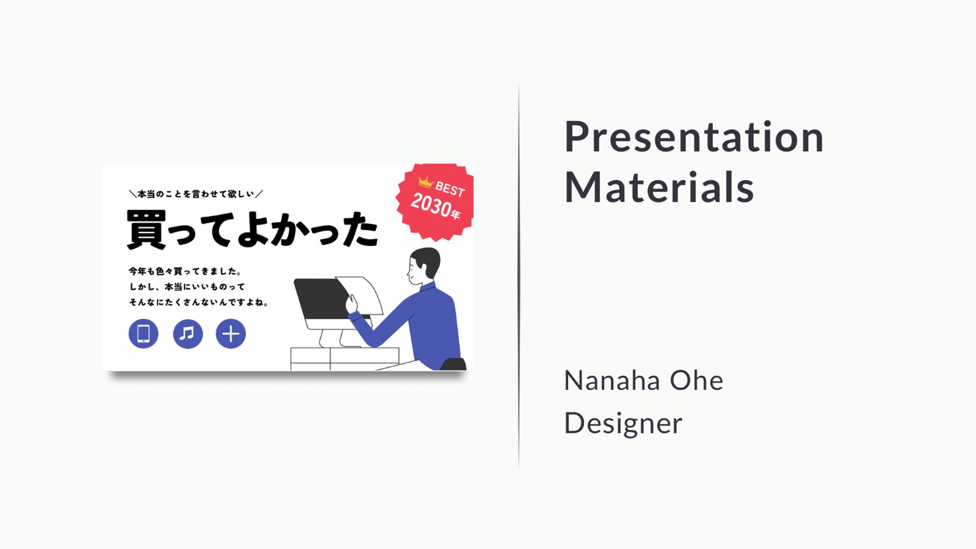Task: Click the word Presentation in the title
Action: coord(694,137)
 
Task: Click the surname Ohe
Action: coord(696,381)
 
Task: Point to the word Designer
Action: coord(623,423)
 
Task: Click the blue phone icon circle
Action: coord(143,333)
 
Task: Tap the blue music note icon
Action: coord(188,333)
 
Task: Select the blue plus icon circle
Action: coord(231,333)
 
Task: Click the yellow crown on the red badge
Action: coord(425,182)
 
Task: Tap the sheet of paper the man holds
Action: coord(360,295)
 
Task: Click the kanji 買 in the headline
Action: coord(146,230)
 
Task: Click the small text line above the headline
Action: coord(196,194)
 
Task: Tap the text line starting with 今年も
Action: coord(185,271)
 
